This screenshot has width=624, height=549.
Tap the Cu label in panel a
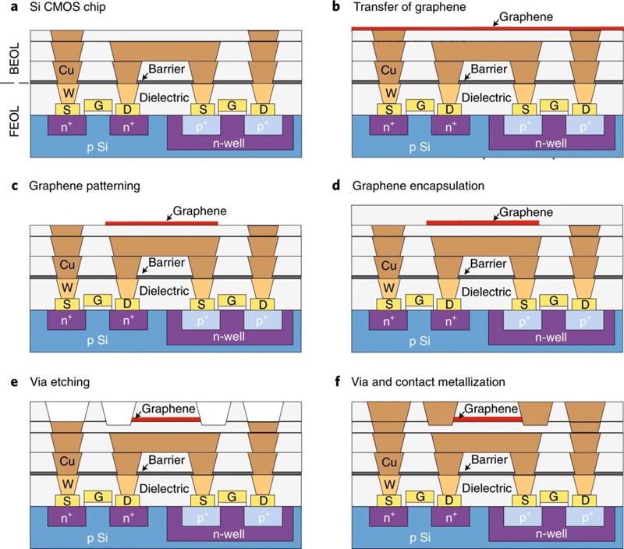tap(66, 70)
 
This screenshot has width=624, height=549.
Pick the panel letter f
tap(356, 382)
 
